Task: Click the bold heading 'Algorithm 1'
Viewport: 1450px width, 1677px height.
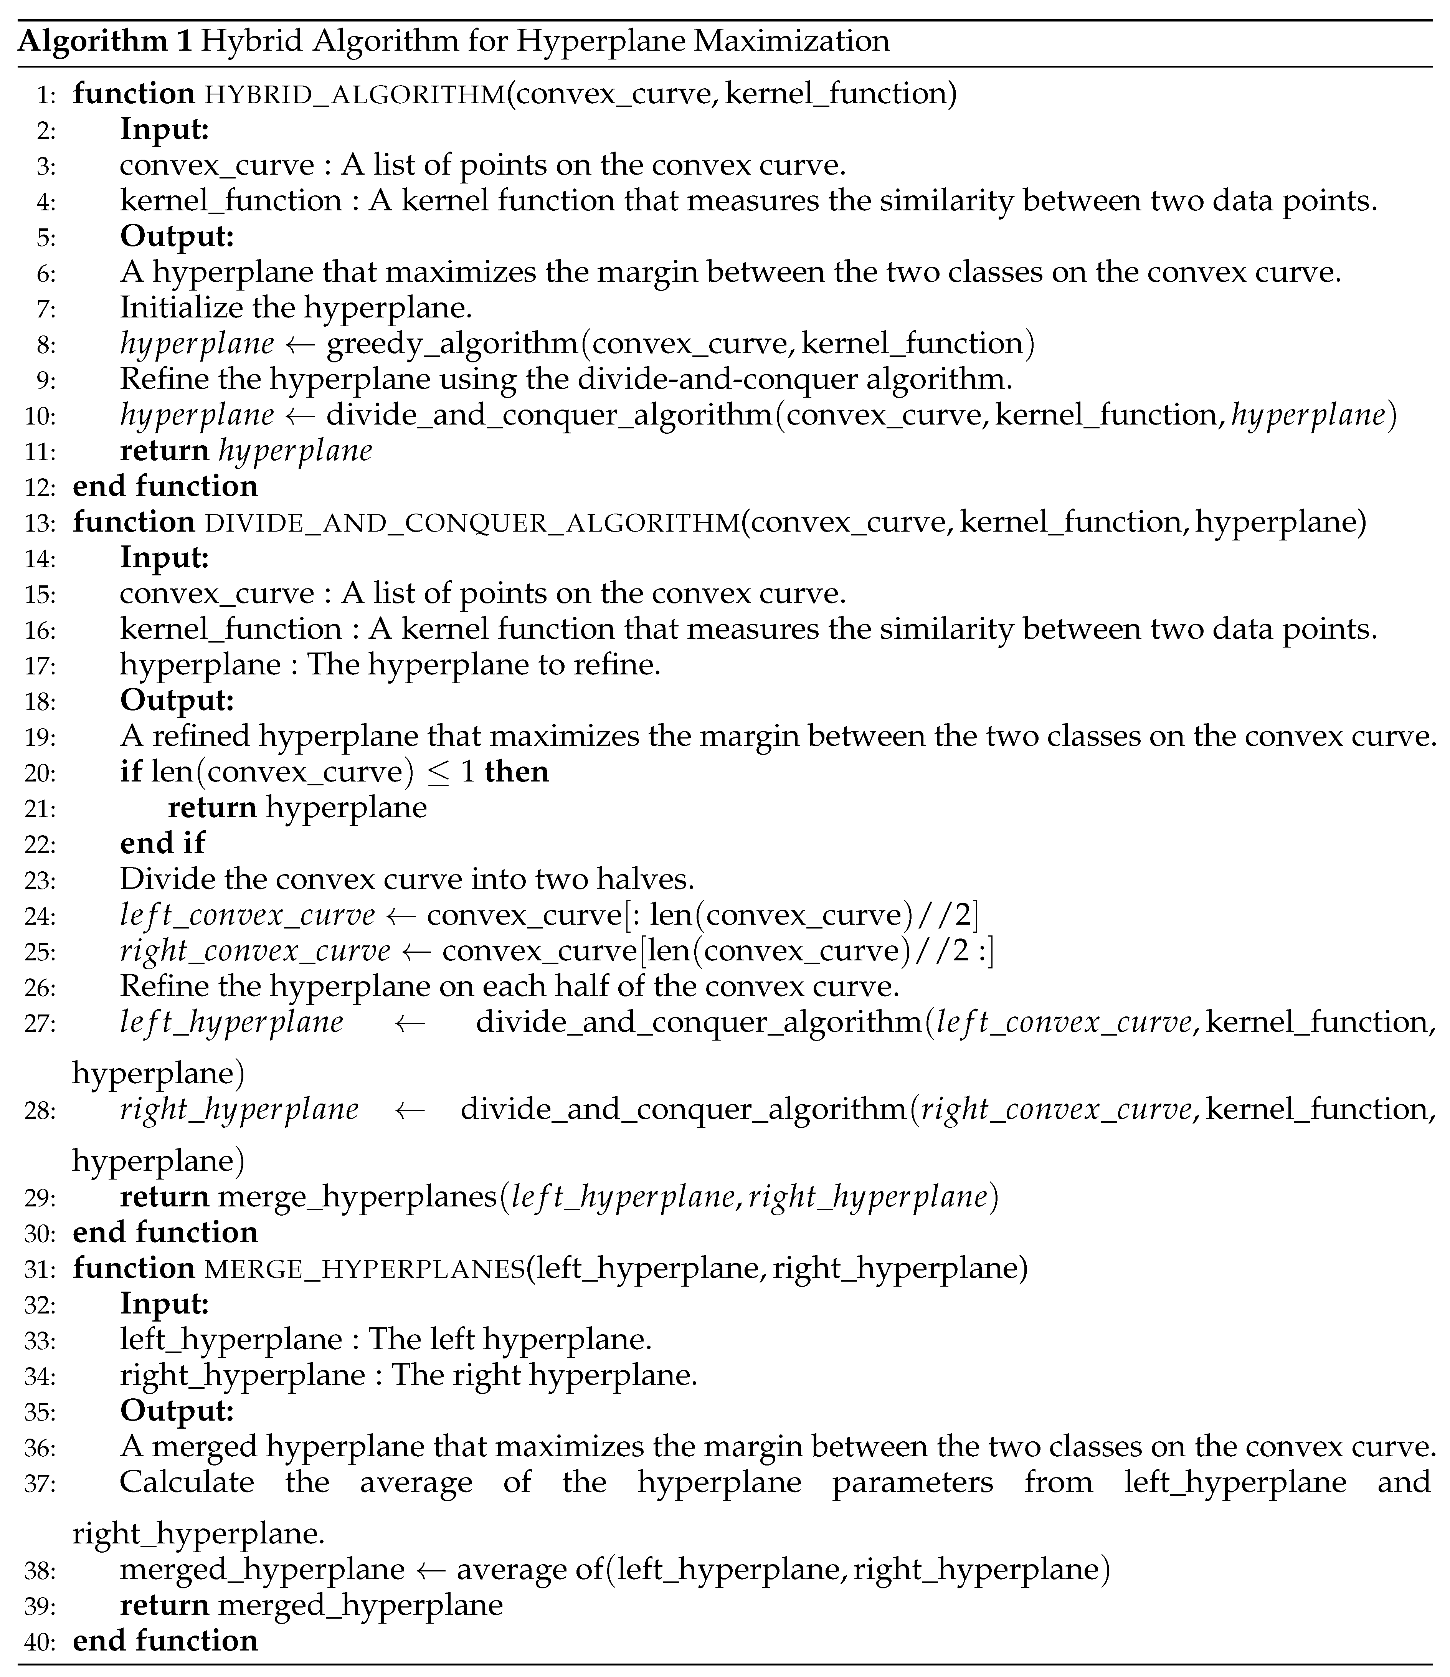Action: point(105,40)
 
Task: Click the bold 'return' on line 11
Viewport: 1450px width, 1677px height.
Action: point(164,451)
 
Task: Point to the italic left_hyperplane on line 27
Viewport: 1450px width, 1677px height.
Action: point(231,1023)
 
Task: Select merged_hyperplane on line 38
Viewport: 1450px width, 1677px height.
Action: point(262,1570)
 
